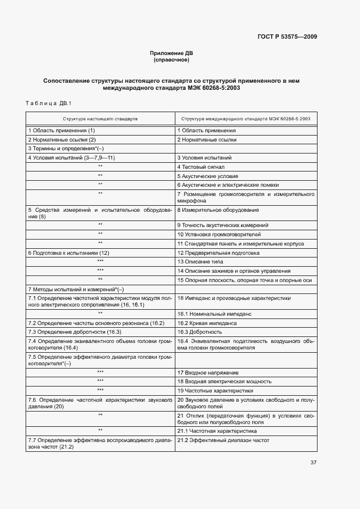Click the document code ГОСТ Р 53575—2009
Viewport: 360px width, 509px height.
[287, 37]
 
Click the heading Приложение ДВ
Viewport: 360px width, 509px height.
[171, 53]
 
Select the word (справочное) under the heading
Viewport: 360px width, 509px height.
[171, 59]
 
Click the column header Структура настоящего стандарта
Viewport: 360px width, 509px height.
[100, 118]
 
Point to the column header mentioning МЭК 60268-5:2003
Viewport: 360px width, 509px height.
[246, 118]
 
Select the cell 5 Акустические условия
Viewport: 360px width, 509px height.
[207, 176]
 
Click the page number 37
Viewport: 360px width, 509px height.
[313, 463]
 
